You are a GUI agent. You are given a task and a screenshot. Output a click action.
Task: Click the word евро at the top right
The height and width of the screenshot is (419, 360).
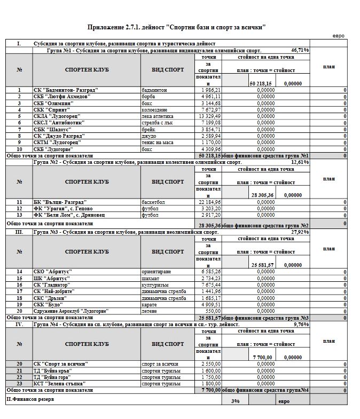(x=338, y=36)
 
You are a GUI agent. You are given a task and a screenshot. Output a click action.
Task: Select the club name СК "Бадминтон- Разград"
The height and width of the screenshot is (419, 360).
(x=59, y=90)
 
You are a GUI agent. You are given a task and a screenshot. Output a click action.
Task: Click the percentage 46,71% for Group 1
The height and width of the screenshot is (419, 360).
(x=300, y=49)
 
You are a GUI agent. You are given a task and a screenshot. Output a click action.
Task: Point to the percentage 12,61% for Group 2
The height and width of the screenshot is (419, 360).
(x=300, y=161)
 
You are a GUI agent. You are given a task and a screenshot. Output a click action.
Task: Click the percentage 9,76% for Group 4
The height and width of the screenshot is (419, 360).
(x=301, y=324)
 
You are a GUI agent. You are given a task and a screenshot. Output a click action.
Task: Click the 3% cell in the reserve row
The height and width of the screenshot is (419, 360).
(x=234, y=401)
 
